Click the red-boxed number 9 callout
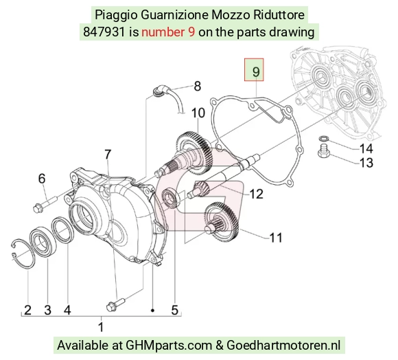[254, 70]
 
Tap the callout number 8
[197, 86]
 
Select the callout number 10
[198, 113]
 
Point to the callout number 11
[276, 238]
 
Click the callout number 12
[257, 194]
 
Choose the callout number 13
[366, 163]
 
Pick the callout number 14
[366, 148]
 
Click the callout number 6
[42, 179]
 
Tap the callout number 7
[108, 155]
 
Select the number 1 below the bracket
[101, 327]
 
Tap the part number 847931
[104, 32]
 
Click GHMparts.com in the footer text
[169, 346]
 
